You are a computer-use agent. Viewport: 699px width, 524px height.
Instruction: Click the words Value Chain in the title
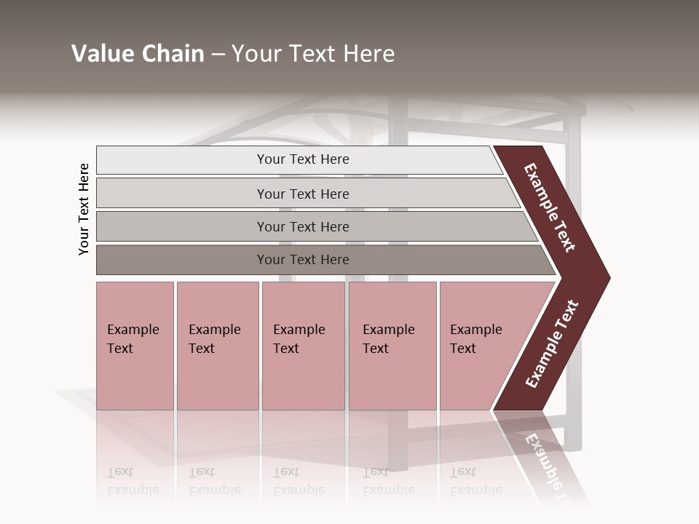[138, 54]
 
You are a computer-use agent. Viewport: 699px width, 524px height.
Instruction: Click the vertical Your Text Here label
[84, 209]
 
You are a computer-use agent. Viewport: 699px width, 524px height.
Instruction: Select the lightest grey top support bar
[182, 160]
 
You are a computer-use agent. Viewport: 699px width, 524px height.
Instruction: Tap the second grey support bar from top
[182, 194]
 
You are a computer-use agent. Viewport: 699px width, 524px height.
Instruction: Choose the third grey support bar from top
[182, 226]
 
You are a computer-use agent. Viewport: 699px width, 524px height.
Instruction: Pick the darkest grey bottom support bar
[182, 260]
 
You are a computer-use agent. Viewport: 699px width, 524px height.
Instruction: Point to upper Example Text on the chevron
[550, 207]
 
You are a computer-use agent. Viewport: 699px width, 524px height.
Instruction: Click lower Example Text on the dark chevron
[552, 344]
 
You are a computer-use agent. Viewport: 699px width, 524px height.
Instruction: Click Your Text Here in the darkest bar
[303, 260]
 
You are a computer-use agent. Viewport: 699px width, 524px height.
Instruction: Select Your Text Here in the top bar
[303, 159]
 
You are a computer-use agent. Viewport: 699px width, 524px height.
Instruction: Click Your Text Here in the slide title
[313, 54]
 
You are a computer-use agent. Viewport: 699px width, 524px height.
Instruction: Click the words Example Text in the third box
[299, 339]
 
